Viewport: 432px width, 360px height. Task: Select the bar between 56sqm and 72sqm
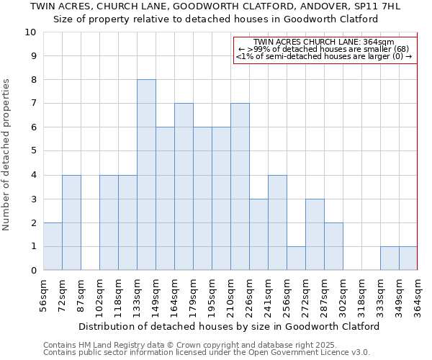click(x=53, y=246)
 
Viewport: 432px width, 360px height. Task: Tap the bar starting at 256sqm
click(x=296, y=258)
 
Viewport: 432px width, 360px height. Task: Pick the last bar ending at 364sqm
click(x=408, y=258)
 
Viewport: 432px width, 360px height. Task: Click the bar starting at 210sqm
click(x=240, y=186)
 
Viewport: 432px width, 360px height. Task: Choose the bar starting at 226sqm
click(x=258, y=235)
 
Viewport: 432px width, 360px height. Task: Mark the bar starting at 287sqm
click(x=333, y=246)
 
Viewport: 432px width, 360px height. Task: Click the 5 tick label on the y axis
click(x=32, y=151)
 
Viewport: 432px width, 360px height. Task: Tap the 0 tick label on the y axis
click(x=32, y=271)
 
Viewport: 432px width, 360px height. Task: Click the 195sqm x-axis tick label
click(x=212, y=297)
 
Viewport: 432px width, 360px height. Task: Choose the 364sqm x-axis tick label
click(x=418, y=297)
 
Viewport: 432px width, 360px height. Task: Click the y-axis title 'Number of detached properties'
click(x=7, y=155)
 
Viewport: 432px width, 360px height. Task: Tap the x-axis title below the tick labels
click(x=229, y=326)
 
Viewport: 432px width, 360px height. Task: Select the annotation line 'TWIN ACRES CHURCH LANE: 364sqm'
click(x=324, y=42)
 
